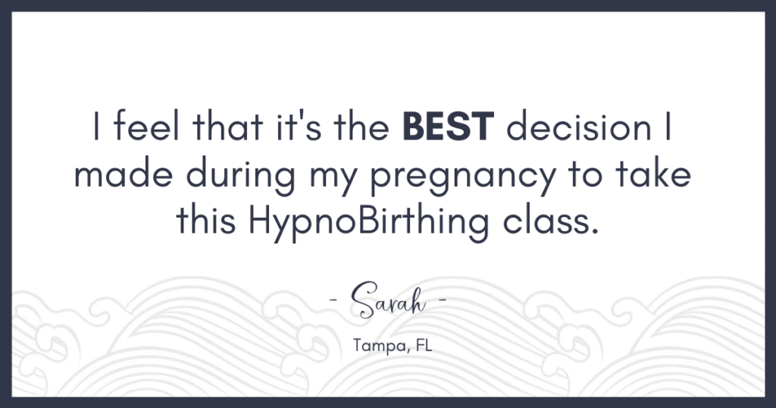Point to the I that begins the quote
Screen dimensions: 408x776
[98, 129]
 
